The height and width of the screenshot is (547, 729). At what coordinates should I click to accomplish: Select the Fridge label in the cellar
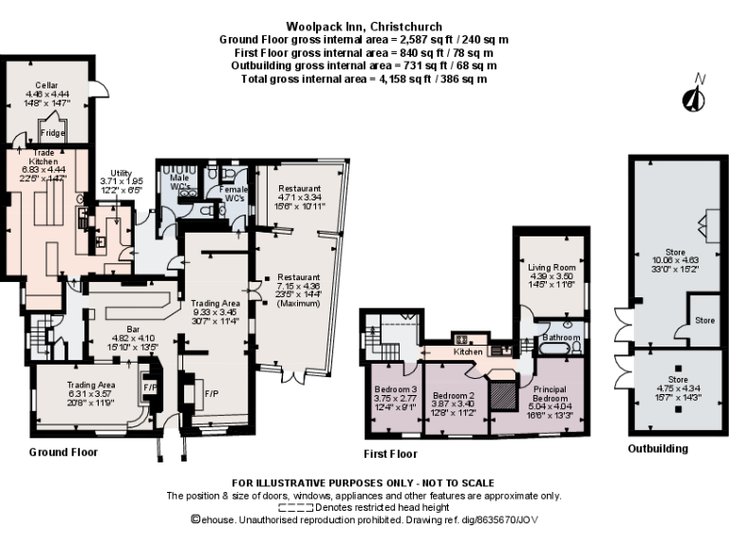pyautogui.click(x=53, y=134)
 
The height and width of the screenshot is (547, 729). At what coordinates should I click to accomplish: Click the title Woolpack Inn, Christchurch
pyautogui.click(x=364, y=27)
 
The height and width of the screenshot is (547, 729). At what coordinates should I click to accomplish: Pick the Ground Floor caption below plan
pyautogui.click(x=63, y=452)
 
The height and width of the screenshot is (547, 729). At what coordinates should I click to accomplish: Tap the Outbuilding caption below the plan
pyautogui.click(x=658, y=448)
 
